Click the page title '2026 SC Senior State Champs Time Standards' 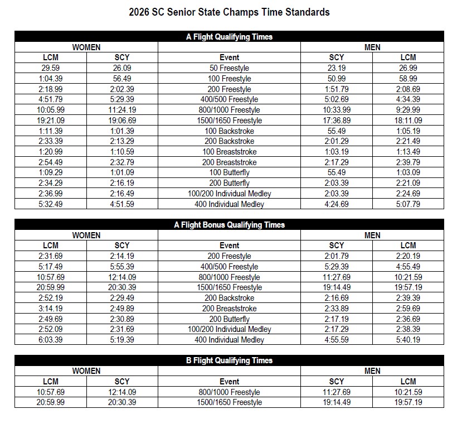229,12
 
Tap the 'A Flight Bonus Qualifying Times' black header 229,225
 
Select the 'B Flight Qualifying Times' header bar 229,360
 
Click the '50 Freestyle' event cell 229,68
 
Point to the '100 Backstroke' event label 229,131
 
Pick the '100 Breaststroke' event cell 229,152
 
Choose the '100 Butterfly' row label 229,172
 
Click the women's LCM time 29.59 50,68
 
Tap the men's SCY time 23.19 337,68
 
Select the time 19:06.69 121,121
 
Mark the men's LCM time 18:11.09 408,121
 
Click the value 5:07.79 408,204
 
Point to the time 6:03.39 50,340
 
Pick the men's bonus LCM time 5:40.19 408,340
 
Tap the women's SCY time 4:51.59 121,204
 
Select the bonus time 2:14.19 121,256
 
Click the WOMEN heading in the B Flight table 86,371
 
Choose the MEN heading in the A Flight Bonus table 372,235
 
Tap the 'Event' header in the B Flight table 229,382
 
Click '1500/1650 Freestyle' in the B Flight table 229,402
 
